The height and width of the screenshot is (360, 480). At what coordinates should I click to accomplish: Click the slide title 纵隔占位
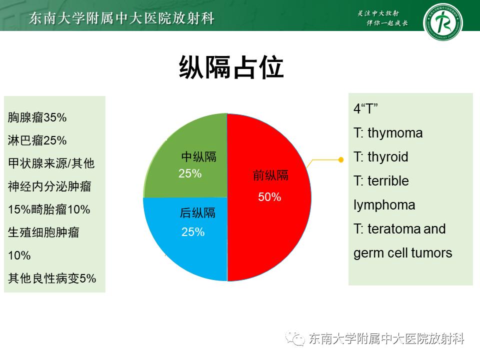tap(231, 67)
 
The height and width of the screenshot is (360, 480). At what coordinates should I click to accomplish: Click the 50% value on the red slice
tap(269, 197)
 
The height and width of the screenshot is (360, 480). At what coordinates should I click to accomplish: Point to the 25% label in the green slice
tap(190, 174)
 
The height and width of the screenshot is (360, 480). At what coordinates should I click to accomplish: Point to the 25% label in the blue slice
tap(193, 232)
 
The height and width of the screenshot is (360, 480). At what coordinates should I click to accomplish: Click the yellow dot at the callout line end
tap(341, 160)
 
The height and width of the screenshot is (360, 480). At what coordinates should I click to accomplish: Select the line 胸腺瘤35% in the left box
tap(37, 117)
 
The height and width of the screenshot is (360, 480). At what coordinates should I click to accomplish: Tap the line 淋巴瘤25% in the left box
tap(37, 140)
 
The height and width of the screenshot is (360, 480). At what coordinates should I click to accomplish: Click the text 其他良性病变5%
tap(52, 278)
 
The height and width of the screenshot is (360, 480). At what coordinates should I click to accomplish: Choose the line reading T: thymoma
tap(388, 133)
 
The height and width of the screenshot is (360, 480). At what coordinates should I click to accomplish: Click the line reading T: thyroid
tap(381, 157)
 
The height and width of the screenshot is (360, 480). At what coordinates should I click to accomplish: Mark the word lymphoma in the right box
tap(384, 205)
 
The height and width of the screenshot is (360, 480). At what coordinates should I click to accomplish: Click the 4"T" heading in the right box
tap(365, 109)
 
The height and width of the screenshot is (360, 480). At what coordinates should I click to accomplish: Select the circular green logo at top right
tap(442, 22)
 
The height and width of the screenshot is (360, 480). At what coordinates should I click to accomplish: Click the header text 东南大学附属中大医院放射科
tap(122, 19)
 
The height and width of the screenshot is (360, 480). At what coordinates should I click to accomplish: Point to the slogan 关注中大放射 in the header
tap(380, 13)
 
